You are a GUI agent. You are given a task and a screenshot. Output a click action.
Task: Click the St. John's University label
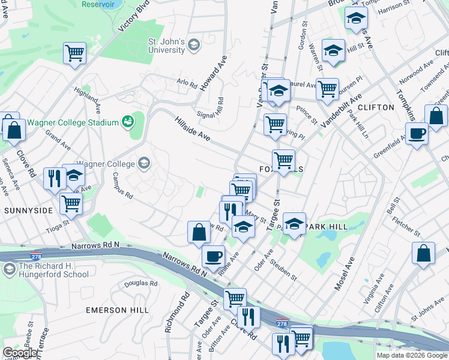[167, 46]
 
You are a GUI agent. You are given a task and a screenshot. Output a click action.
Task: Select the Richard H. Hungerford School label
[54, 271]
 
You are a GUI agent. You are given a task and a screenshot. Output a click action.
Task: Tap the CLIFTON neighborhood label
[375, 107]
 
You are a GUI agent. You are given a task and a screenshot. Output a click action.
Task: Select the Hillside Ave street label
[192, 129]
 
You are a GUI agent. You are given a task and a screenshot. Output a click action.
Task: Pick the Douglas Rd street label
[141, 283]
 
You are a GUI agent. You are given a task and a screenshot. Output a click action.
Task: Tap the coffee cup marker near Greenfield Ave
[416, 133]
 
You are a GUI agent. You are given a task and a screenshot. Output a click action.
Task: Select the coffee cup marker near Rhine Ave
[213, 257]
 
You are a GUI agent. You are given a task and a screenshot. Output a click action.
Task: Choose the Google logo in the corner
[19, 353]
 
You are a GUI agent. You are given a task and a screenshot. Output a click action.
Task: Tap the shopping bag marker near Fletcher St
[423, 253]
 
